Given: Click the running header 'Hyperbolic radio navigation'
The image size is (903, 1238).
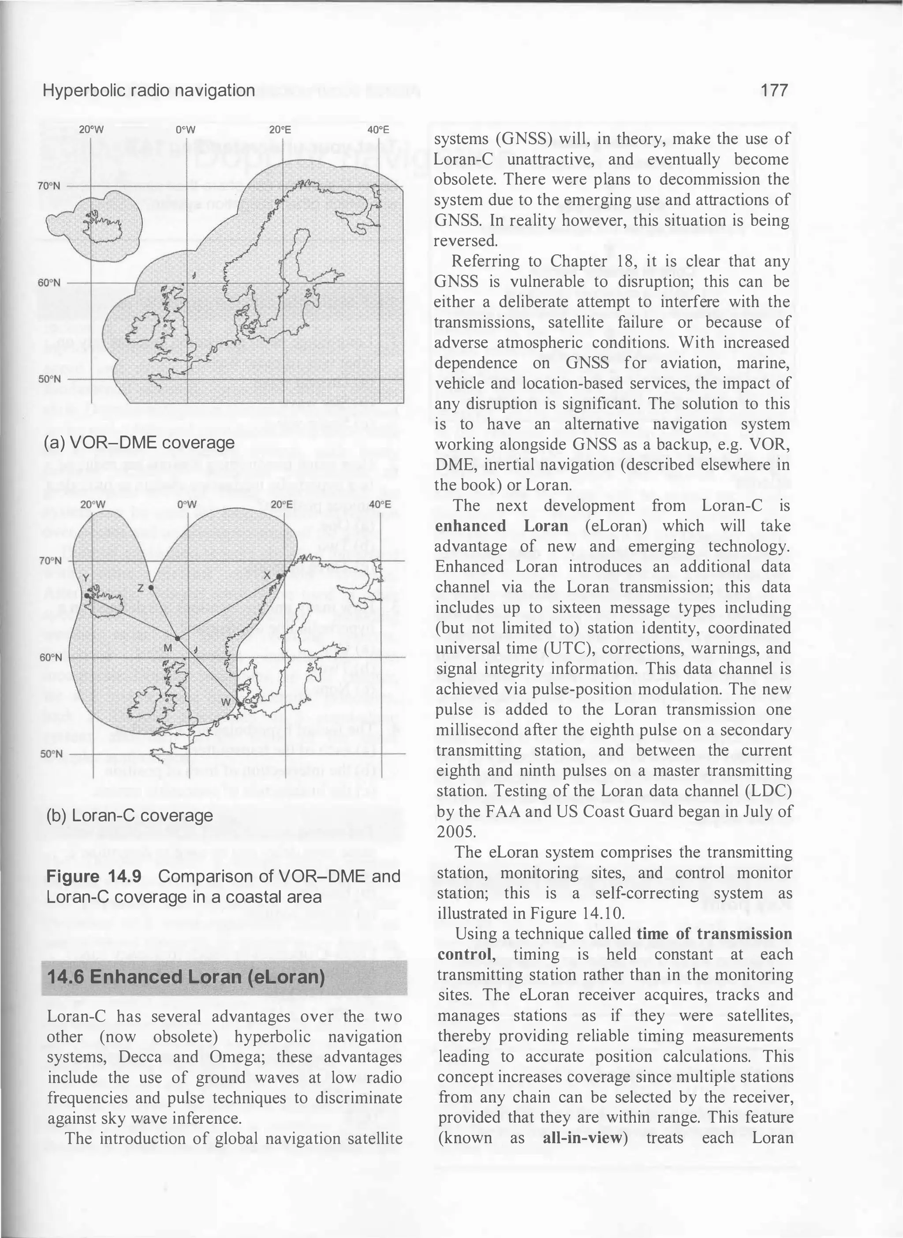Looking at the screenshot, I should [149, 90].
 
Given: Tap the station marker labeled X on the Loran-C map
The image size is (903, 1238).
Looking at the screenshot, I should [279, 576].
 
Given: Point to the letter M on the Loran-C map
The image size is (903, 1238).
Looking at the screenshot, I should [168, 648].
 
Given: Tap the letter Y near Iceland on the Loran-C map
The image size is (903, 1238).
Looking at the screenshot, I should [85, 579].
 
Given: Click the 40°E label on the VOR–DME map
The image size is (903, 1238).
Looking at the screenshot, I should [378, 130].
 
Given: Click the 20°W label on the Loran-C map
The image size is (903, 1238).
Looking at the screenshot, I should [93, 504].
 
